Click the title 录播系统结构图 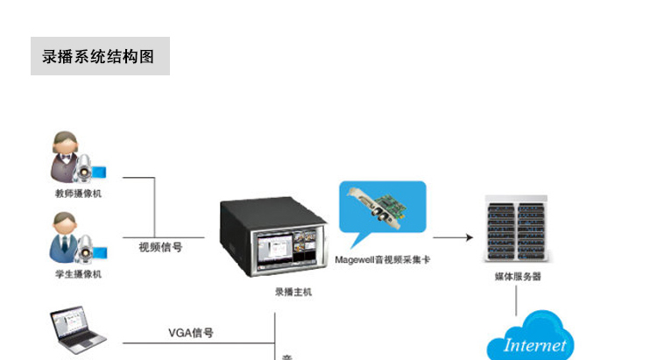point(98,57)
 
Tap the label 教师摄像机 point(78,194)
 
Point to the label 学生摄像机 point(78,274)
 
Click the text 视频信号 point(160,247)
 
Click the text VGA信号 point(191,333)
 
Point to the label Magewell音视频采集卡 point(382,260)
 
